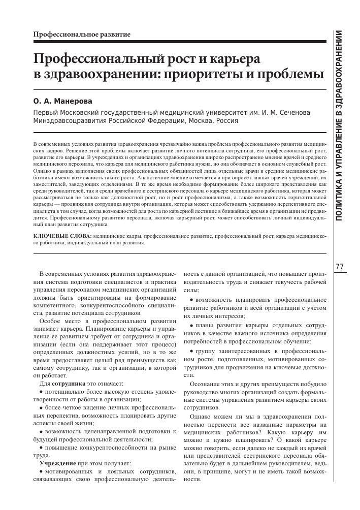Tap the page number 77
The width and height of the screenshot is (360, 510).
340,267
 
